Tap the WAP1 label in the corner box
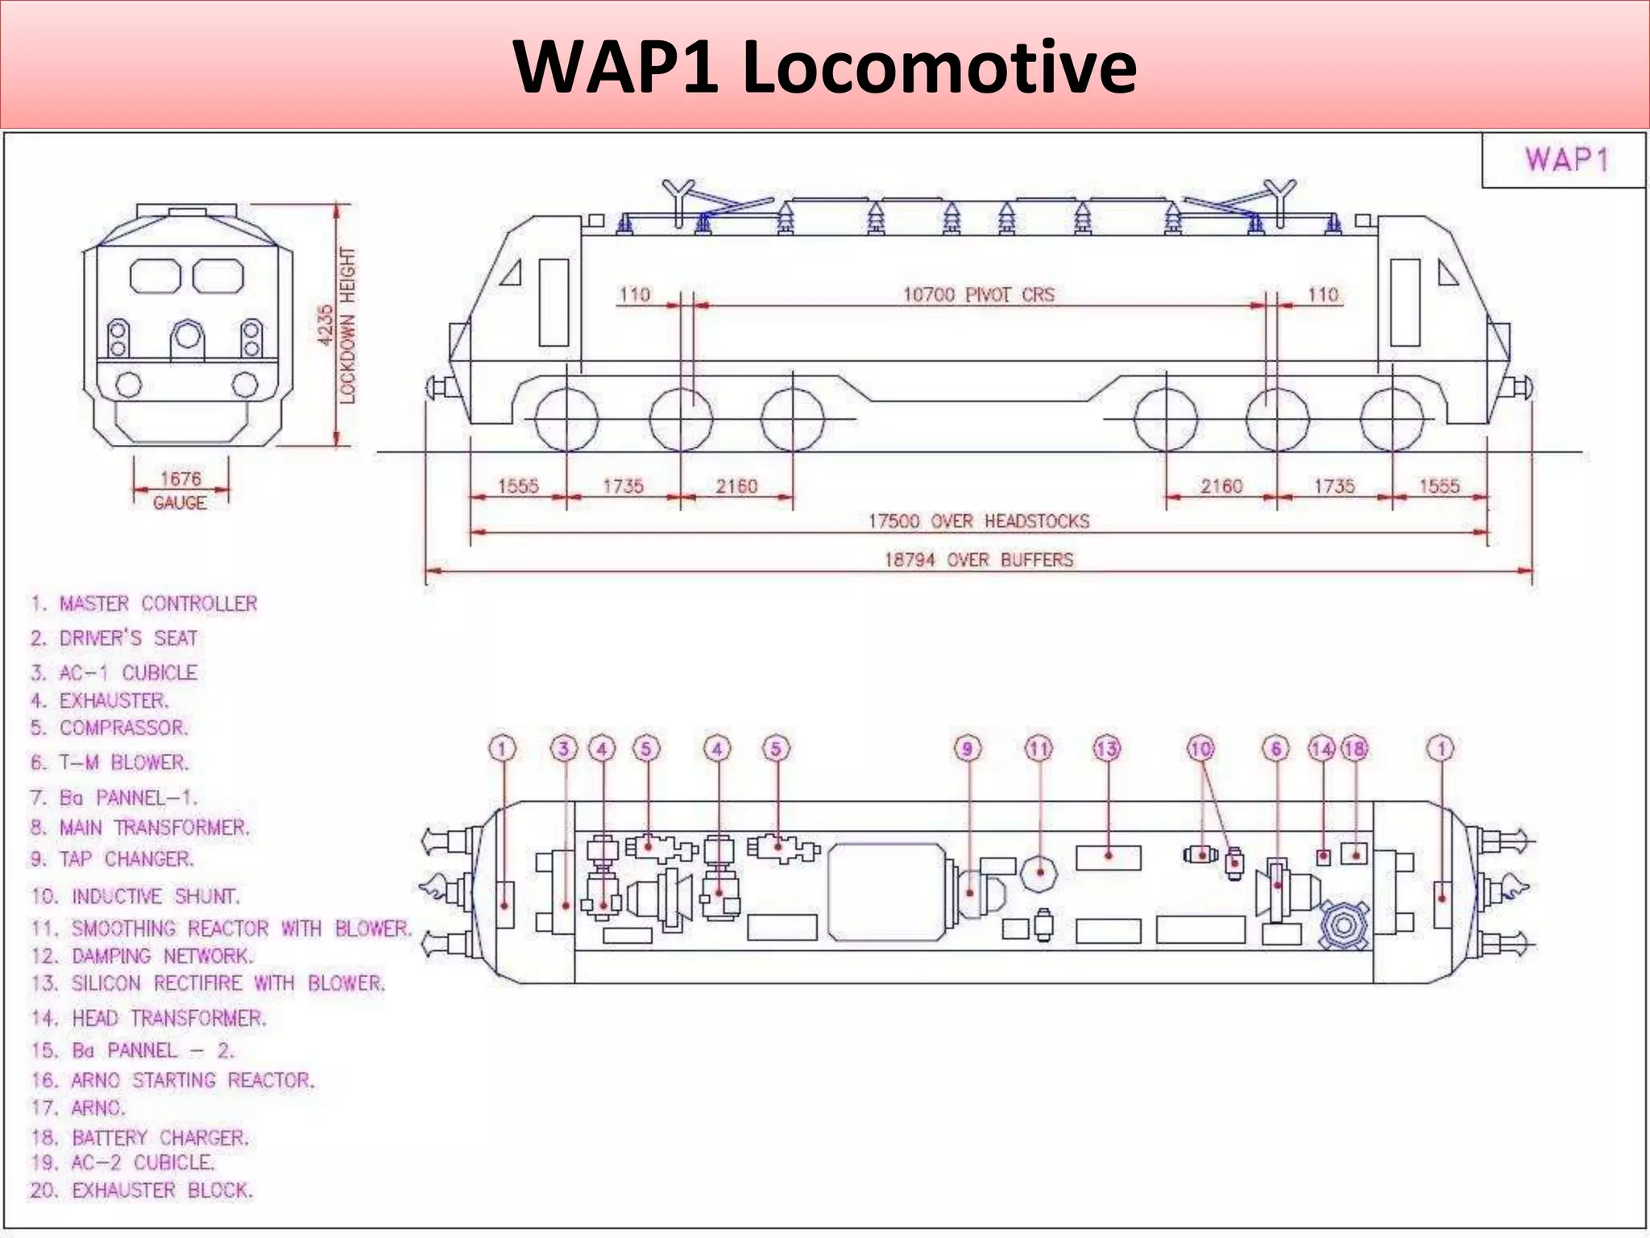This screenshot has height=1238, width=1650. (x=1565, y=160)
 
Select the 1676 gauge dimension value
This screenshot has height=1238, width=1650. (x=180, y=479)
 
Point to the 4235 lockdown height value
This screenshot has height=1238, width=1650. (x=326, y=325)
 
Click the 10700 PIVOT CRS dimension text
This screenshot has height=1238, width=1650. (x=977, y=295)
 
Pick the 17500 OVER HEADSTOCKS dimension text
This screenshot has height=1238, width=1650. (x=978, y=521)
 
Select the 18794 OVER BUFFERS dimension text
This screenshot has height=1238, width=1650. (x=978, y=559)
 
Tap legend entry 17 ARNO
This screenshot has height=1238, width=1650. (x=79, y=1108)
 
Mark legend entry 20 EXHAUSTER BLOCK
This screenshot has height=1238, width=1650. (x=142, y=1190)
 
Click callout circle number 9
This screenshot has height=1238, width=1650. (x=968, y=749)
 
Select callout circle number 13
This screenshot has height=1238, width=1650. (x=1107, y=749)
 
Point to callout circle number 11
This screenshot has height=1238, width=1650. (x=1039, y=749)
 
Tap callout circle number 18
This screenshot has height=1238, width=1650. (x=1354, y=749)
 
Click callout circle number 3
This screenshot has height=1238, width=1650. (x=564, y=749)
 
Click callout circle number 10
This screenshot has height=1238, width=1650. (x=1201, y=749)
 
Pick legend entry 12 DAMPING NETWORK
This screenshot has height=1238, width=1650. (x=143, y=956)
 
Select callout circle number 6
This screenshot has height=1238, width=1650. (x=1276, y=749)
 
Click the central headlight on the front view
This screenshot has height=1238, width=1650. (x=188, y=334)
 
